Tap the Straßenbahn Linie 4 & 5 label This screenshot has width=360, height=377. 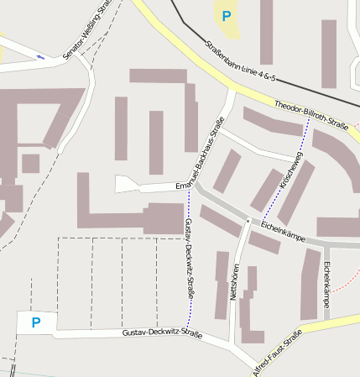click(x=240, y=62)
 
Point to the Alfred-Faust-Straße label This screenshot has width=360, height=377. click(x=277, y=356)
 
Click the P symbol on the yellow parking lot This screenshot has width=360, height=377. click(x=225, y=15)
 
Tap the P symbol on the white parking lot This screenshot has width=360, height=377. click(x=35, y=322)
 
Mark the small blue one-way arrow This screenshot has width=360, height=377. click(x=41, y=57)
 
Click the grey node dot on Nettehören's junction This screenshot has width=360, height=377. click(x=248, y=221)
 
